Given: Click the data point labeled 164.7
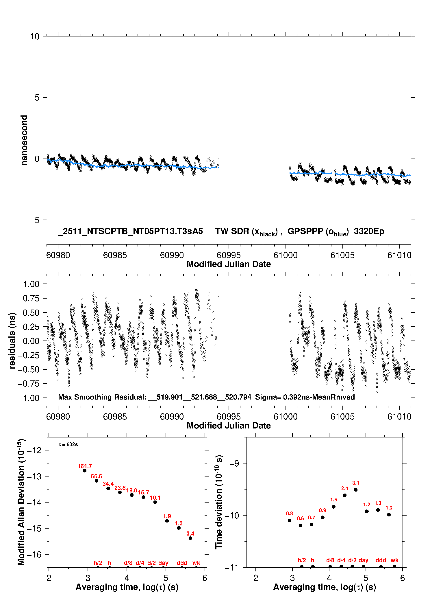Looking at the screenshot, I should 85,471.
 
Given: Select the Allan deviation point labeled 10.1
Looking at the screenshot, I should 155,502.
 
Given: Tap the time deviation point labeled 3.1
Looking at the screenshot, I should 356,490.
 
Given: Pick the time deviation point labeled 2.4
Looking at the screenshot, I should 345,495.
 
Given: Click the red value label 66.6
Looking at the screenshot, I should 96,476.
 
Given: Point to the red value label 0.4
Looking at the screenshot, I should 190,533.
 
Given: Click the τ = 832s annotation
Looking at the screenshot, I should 68,444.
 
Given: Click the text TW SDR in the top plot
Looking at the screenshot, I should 232,231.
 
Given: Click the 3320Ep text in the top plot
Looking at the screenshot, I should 369,231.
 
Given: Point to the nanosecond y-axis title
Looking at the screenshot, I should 24,140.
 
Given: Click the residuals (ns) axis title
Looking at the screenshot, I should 12,341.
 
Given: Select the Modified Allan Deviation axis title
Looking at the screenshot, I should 21,502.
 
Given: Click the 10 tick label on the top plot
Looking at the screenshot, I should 35,36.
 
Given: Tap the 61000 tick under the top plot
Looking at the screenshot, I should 286,255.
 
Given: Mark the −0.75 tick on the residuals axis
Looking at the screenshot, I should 28,384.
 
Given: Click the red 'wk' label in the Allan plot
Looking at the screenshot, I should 196,563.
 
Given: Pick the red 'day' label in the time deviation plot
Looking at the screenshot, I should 363,560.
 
